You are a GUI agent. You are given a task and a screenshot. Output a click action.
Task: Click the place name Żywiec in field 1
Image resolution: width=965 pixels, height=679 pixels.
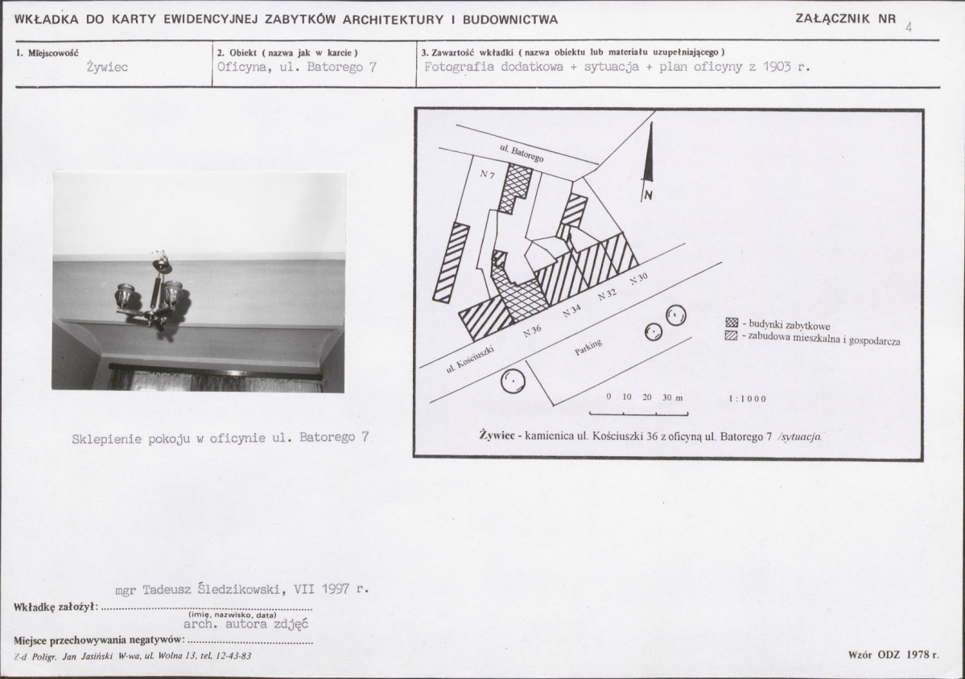tap(107, 68)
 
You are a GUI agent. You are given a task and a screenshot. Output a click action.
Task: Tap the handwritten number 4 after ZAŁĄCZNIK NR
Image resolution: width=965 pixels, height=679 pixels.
tap(909, 26)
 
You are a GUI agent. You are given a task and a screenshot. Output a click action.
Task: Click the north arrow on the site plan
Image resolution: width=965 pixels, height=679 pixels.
tap(648, 165)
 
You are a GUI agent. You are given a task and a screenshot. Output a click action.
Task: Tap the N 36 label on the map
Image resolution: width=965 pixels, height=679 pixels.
tap(533, 330)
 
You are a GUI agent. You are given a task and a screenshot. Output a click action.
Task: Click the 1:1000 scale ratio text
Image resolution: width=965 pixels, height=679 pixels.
tap(747, 398)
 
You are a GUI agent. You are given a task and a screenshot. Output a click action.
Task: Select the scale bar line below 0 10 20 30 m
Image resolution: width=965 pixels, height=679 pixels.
tap(638, 414)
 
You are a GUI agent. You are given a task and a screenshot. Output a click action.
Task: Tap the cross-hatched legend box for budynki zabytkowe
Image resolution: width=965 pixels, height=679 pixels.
tap(731, 323)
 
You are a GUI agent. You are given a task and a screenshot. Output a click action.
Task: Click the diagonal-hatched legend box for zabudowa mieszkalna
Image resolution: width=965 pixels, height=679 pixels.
tap(731, 335)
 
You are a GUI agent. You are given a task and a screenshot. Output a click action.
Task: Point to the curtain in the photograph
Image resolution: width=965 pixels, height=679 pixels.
tap(209, 378)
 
